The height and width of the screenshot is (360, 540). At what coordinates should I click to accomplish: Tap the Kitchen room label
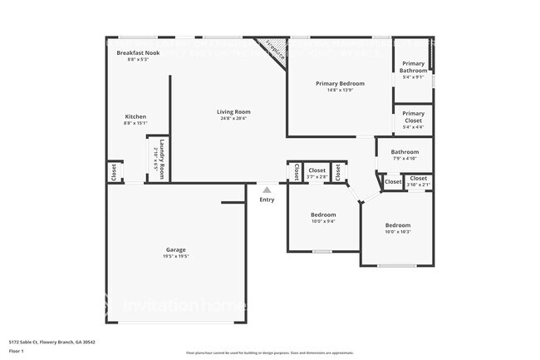point(135,116)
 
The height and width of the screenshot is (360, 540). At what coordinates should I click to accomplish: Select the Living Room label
point(234,111)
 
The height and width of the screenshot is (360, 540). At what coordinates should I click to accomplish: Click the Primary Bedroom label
point(340,83)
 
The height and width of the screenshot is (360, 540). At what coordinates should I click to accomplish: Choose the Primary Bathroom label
point(414,67)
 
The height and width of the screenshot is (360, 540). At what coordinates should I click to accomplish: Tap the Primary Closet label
point(413,114)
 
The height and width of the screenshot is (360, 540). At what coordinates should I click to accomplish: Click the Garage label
point(175,249)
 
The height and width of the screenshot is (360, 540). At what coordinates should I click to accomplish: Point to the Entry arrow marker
point(267,190)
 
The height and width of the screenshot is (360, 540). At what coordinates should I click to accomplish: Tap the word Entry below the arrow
point(267,200)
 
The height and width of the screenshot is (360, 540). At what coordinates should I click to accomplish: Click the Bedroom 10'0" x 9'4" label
point(323,215)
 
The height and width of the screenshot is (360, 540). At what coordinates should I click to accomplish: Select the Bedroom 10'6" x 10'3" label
point(397,225)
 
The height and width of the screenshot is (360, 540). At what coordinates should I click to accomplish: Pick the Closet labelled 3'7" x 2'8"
point(317,170)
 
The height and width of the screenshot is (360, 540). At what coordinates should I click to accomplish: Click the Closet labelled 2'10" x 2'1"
point(418,178)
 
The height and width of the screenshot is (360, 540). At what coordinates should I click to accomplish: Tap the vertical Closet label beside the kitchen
point(114,172)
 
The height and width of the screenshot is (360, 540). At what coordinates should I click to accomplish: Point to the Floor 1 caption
point(16,351)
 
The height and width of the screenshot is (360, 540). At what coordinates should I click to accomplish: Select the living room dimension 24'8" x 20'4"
point(234,118)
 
